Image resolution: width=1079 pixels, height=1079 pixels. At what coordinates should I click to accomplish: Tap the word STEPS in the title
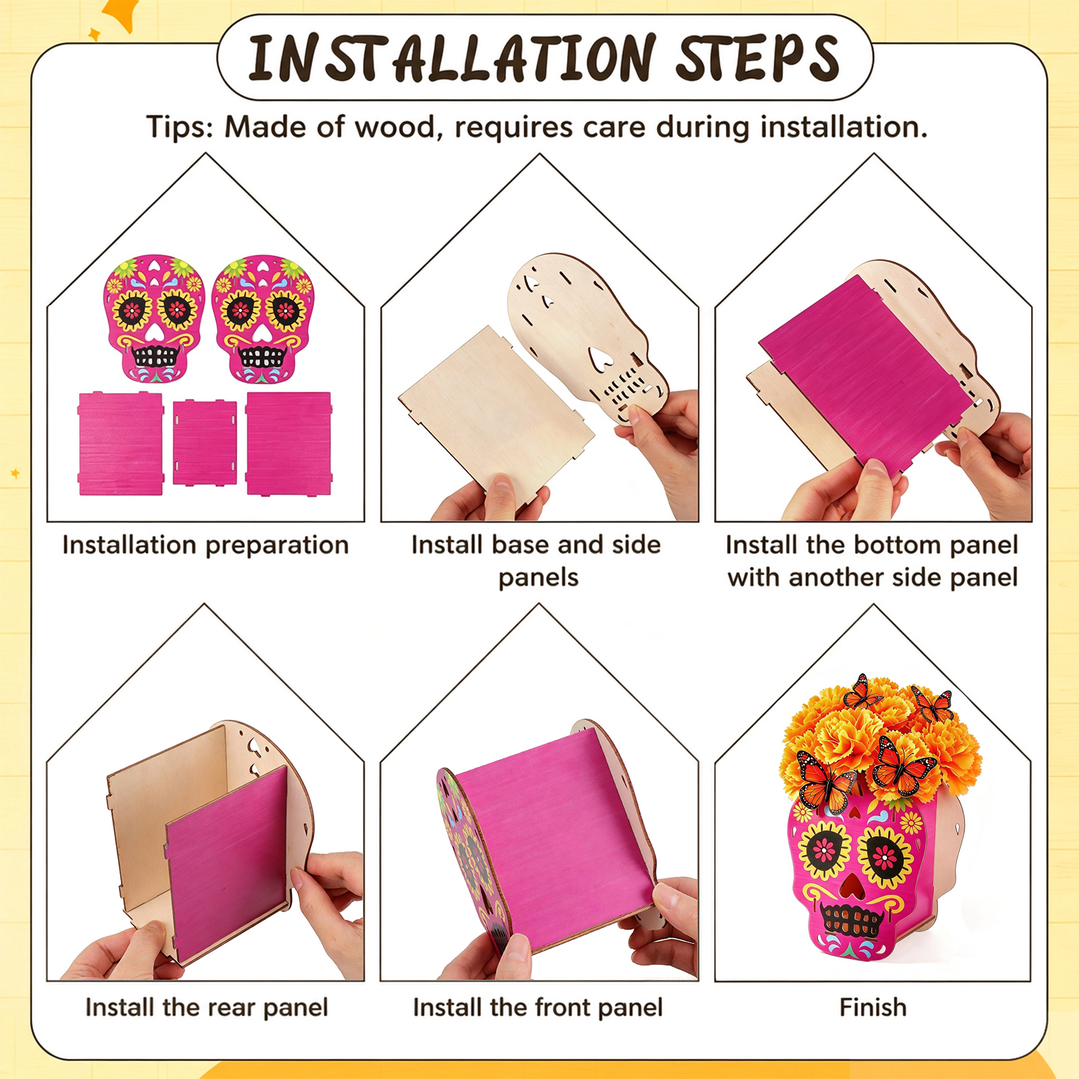tap(757, 58)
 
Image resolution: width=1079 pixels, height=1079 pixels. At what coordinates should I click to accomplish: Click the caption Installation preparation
tap(206, 545)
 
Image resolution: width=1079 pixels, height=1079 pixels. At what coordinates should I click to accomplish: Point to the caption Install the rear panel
tap(206, 1008)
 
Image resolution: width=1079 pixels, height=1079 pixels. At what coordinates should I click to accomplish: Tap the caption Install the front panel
tap(537, 1008)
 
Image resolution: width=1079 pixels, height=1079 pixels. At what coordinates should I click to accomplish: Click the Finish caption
tap(873, 1008)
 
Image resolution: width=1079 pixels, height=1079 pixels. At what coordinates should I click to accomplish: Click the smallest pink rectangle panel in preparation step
tap(204, 442)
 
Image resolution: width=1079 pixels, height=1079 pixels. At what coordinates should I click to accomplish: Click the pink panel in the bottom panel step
tap(867, 374)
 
